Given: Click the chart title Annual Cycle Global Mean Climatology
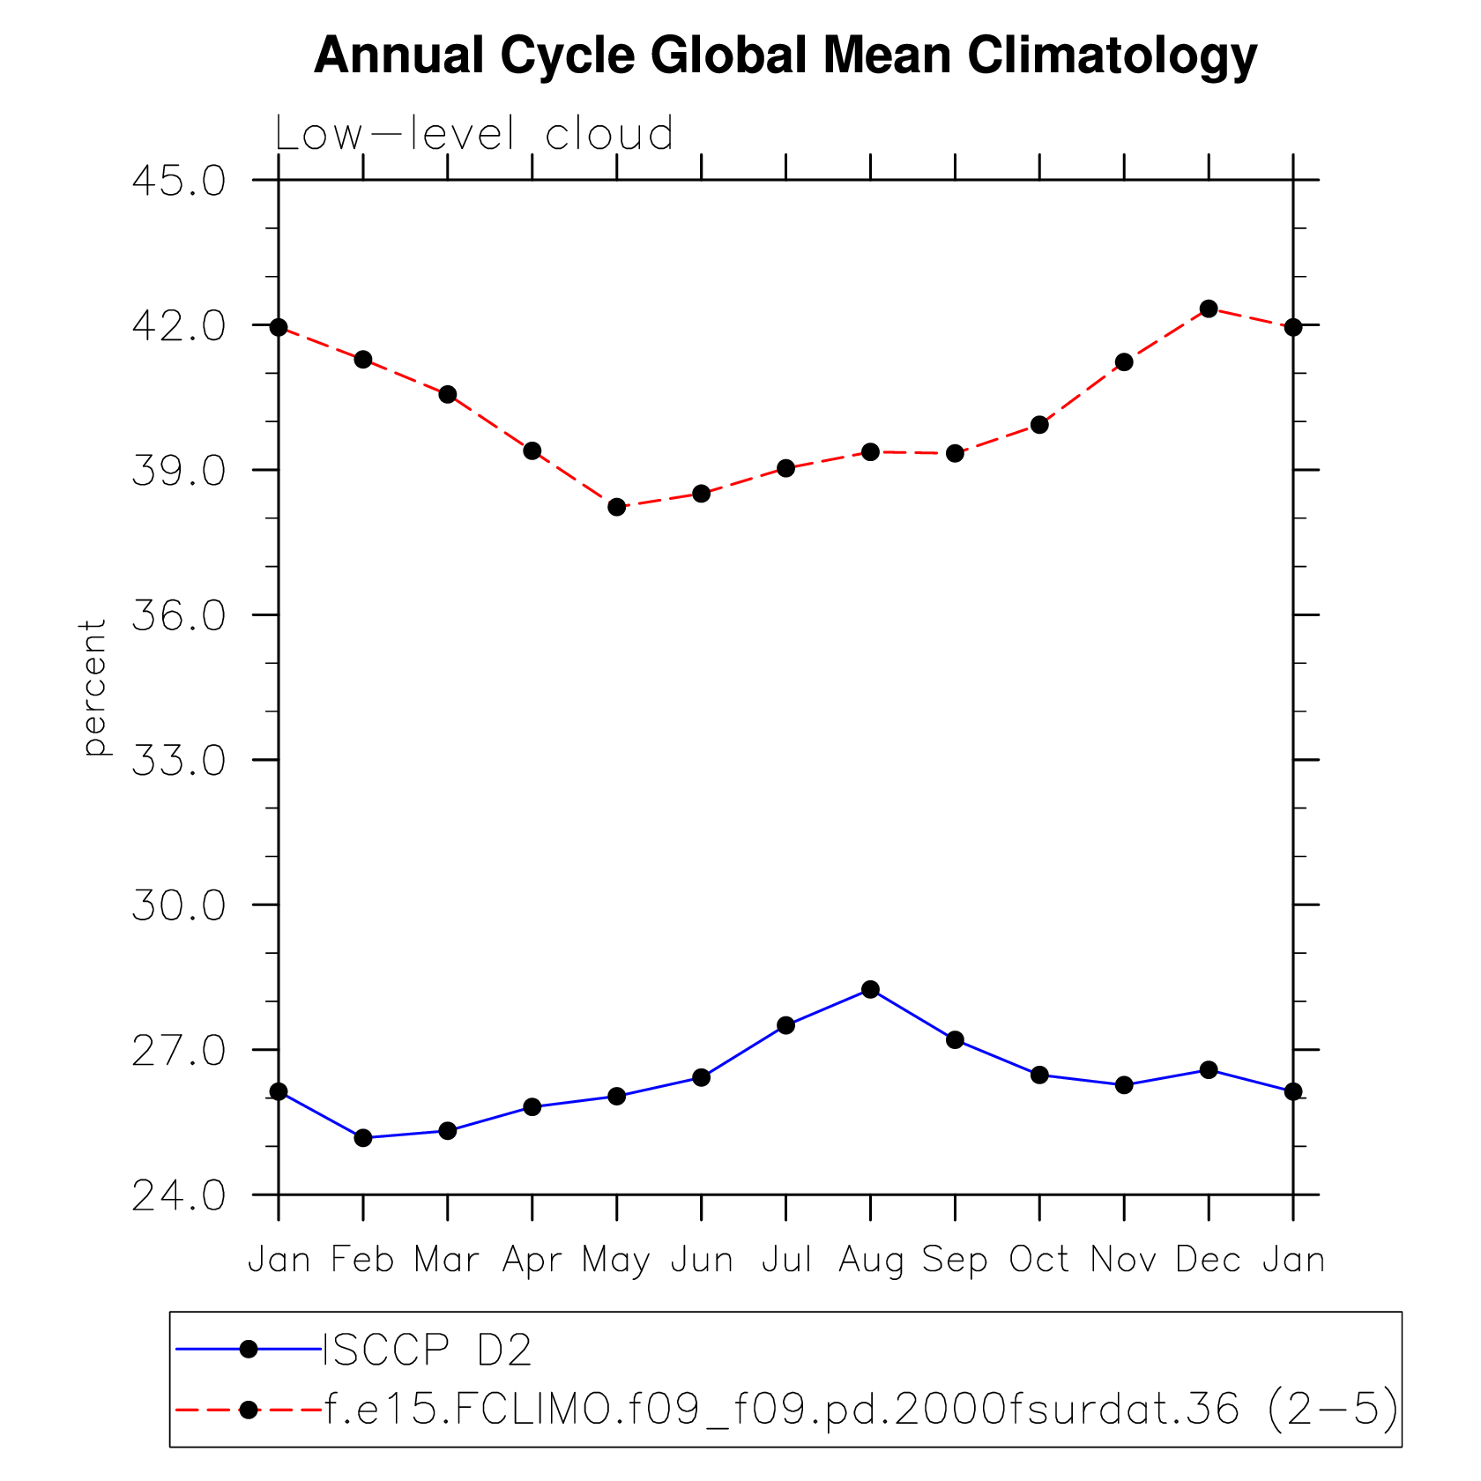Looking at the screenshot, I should click(x=785, y=56).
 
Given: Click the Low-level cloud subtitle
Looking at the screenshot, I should click(x=474, y=134).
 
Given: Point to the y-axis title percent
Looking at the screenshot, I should click(x=93, y=688).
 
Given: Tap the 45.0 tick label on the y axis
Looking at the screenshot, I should click(x=179, y=181).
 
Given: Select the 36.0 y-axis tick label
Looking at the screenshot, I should click(x=179, y=615).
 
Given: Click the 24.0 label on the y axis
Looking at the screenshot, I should click(x=179, y=1196).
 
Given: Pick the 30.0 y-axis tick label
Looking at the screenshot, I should click(x=179, y=905).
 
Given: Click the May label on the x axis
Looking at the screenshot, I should click(x=616, y=1261).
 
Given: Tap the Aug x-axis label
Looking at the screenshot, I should click(x=870, y=1261).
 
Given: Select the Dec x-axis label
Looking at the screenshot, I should click(x=1208, y=1260).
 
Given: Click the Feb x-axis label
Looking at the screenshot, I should click(x=362, y=1260).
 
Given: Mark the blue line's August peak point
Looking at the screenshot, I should click(x=870, y=989).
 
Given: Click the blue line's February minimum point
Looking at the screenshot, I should click(x=363, y=1138).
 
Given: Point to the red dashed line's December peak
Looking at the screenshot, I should click(x=1209, y=309).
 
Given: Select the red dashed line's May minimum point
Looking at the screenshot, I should click(x=617, y=507).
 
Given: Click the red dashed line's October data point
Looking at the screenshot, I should click(x=1039, y=425).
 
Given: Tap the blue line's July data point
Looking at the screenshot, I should click(x=785, y=1025).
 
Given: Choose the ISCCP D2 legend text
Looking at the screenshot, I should click(x=428, y=1350).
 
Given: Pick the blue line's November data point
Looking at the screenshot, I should click(x=1124, y=1085).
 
